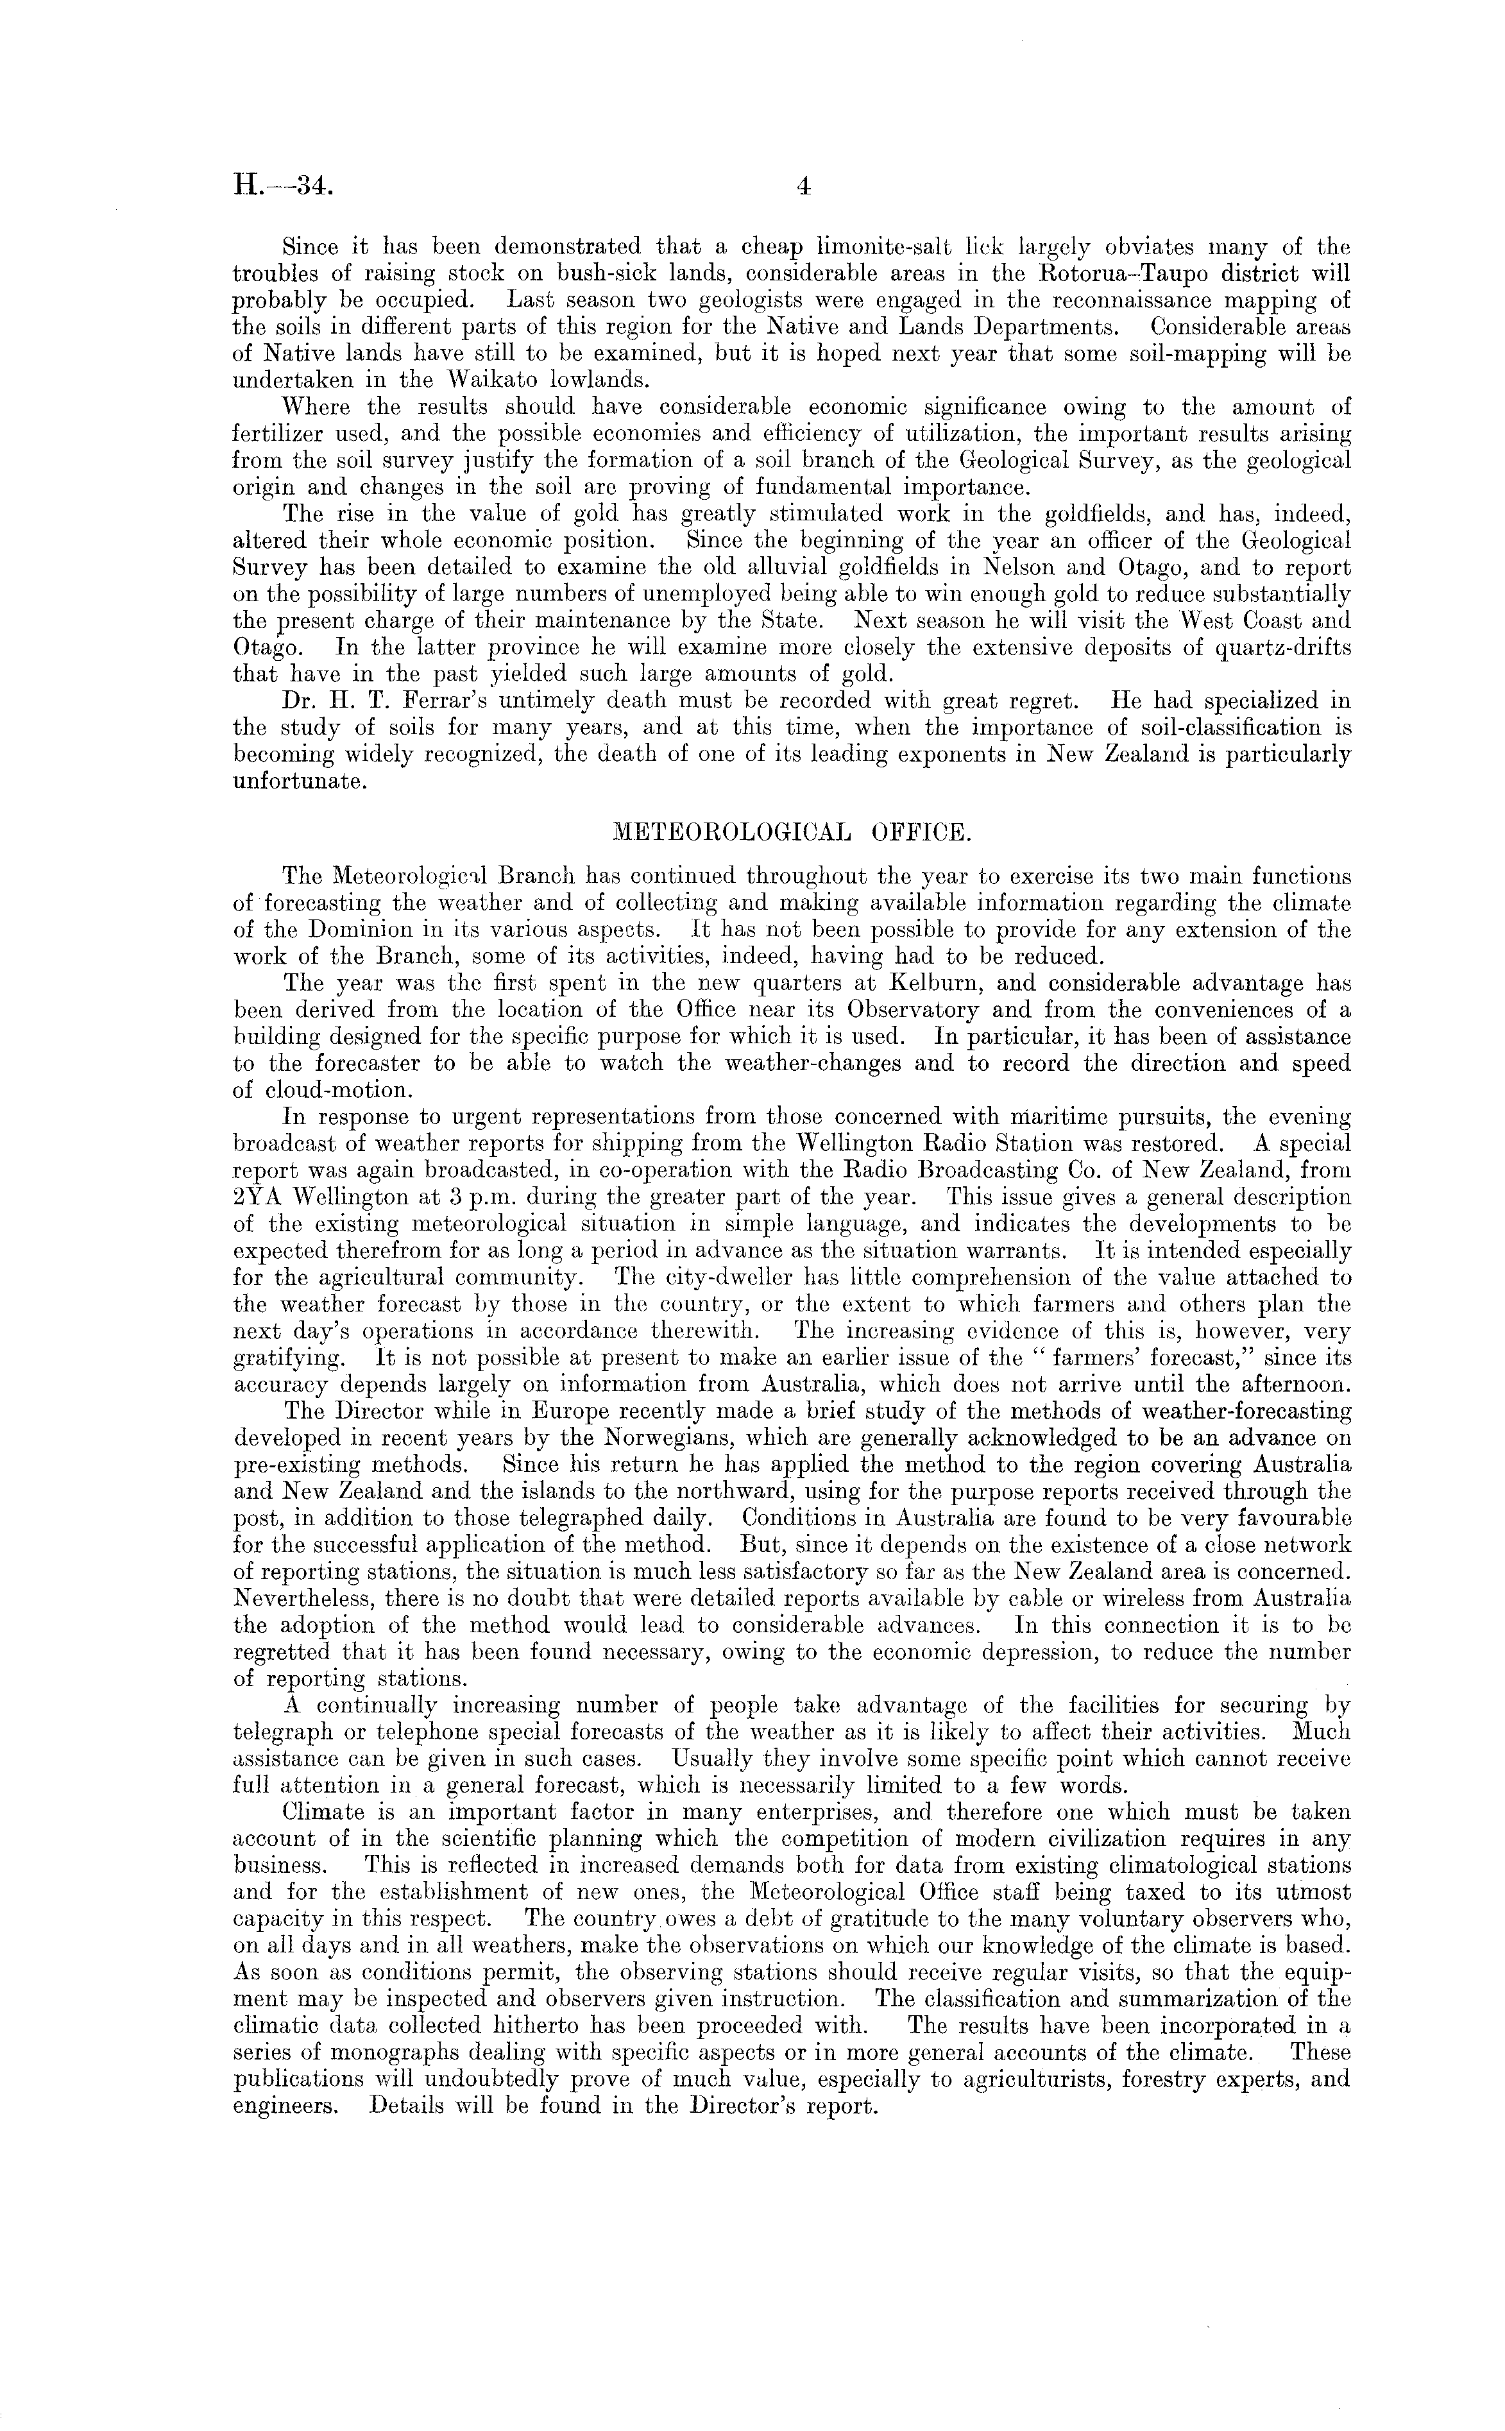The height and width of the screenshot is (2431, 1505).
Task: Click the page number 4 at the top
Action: (x=804, y=186)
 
